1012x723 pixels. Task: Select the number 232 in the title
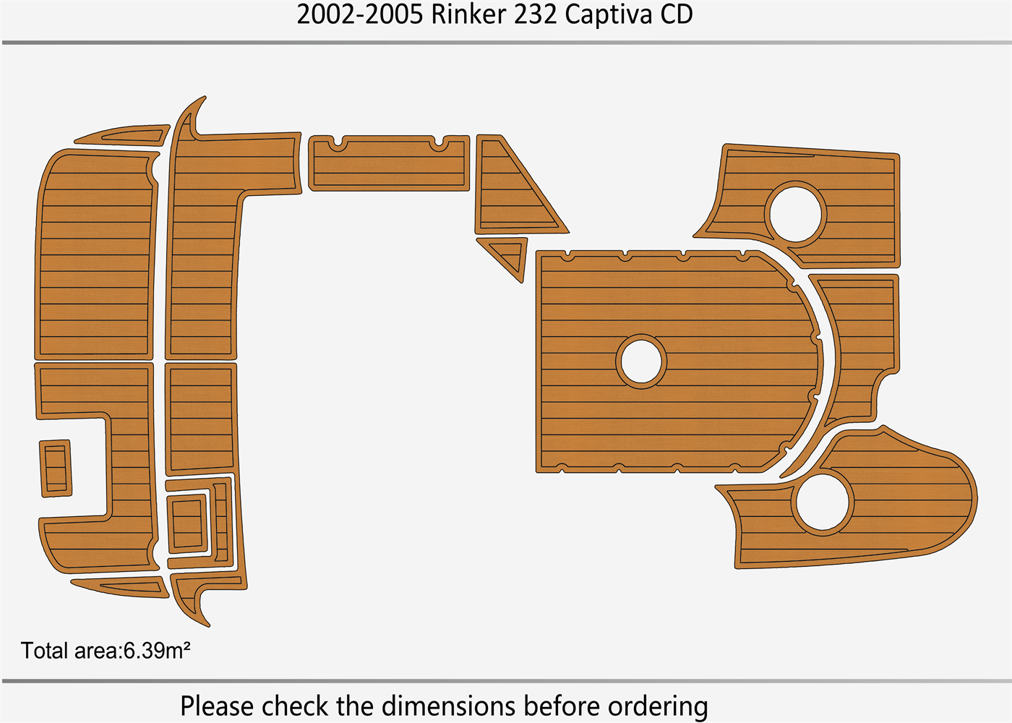coord(535,14)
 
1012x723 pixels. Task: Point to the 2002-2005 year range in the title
coord(359,14)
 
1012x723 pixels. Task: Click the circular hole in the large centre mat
coord(641,361)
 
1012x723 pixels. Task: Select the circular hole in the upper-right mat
coord(796,213)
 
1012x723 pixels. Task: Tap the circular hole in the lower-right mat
coord(823,502)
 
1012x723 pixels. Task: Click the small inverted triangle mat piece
coord(510,255)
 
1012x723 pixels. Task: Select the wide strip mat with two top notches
coord(389,165)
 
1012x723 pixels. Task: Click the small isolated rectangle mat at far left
coord(56,468)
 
